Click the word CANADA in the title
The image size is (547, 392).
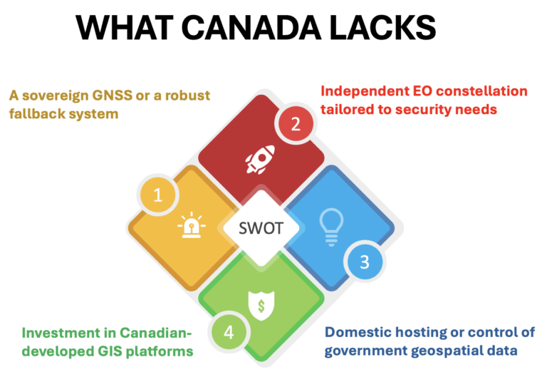pos(251,28)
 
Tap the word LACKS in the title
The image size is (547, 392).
pos(382,28)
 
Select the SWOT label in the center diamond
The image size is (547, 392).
pos(261,228)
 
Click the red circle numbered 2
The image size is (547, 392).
pos(296,123)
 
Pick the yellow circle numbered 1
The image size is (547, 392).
pos(157,195)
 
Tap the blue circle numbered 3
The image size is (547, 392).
pos(364,262)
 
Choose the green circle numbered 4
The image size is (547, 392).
pos(229,332)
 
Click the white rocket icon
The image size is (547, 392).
pos(261,159)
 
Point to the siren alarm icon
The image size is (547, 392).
pos(192,225)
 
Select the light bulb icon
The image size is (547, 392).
pos(331,227)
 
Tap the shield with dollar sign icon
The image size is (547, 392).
pos(261,306)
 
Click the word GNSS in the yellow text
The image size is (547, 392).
pos(112,96)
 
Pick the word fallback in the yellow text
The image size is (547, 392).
pos(36,114)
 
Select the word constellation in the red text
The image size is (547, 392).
pos(481,91)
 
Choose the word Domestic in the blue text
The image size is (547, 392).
pos(351,332)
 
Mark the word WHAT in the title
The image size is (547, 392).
pos(125,28)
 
